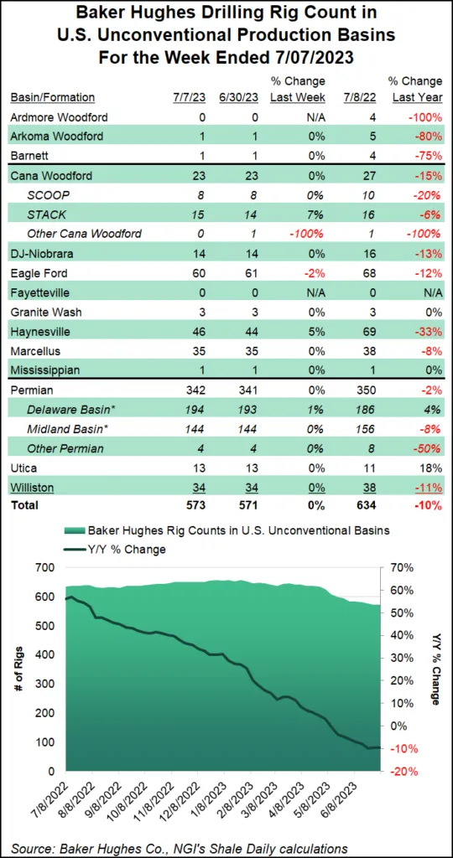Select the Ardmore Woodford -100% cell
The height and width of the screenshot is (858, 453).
tap(422, 117)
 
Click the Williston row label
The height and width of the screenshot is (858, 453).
tap(32, 486)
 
